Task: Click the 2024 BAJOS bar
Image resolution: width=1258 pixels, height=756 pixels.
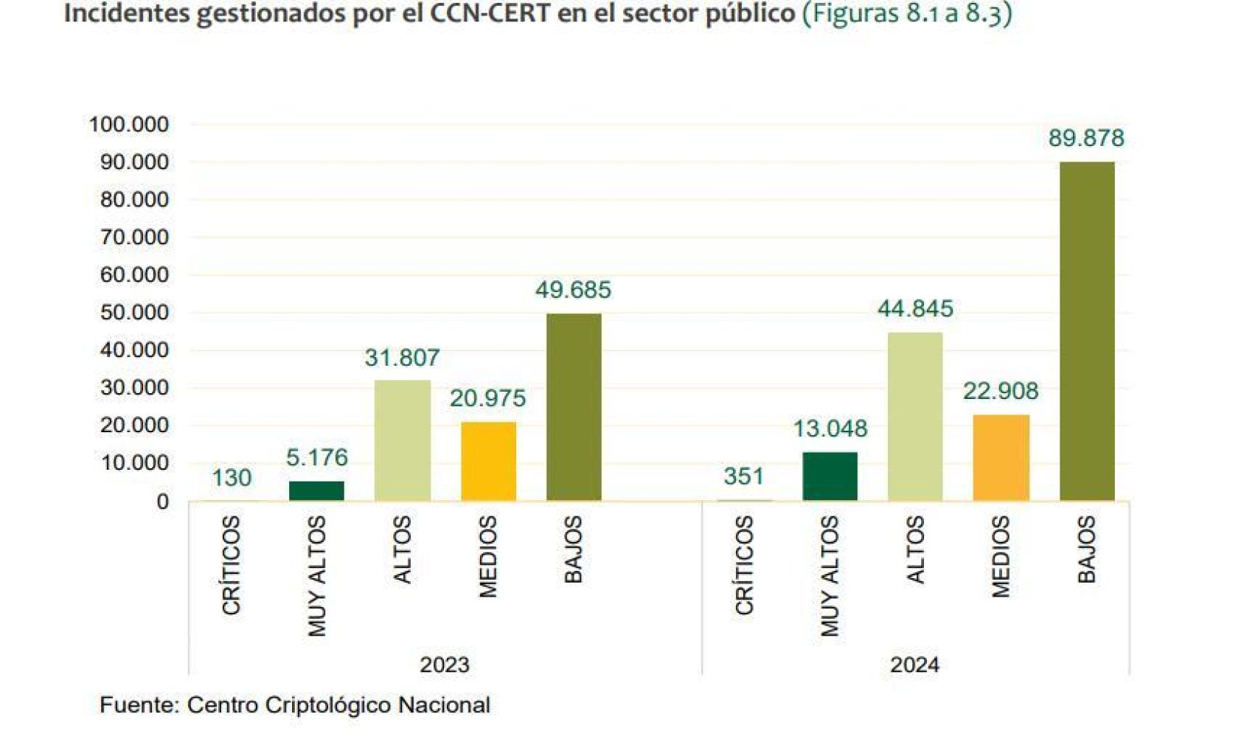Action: point(1086,331)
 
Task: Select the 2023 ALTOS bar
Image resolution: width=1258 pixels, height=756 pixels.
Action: point(402,440)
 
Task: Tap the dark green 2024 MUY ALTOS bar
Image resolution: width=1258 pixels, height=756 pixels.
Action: point(830,476)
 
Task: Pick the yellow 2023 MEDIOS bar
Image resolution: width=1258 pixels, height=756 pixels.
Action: point(488,461)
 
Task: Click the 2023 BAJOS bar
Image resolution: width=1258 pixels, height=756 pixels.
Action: point(573,407)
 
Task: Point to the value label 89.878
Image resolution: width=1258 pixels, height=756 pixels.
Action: point(1085,138)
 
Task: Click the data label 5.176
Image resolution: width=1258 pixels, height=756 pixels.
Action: point(316,457)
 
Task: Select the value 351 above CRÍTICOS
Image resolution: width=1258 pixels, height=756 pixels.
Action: point(743,476)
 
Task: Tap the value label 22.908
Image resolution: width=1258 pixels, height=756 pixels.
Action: point(1000,391)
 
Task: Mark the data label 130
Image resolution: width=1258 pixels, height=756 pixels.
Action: point(232,478)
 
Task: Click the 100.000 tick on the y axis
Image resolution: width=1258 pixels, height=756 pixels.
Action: point(129,124)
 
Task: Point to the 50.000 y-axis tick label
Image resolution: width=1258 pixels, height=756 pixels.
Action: point(134,312)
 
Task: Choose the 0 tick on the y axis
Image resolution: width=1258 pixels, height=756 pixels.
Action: point(162,502)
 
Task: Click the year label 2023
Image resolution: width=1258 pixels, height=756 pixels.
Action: point(444,665)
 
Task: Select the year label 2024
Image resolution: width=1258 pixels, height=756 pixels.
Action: point(914,665)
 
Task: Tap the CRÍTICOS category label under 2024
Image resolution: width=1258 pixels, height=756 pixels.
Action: point(744,564)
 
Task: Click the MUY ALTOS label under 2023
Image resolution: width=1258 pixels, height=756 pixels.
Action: point(317,575)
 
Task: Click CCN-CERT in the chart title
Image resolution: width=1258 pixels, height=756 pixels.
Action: point(490,13)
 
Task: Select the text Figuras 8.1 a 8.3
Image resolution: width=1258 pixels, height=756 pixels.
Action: point(907,13)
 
